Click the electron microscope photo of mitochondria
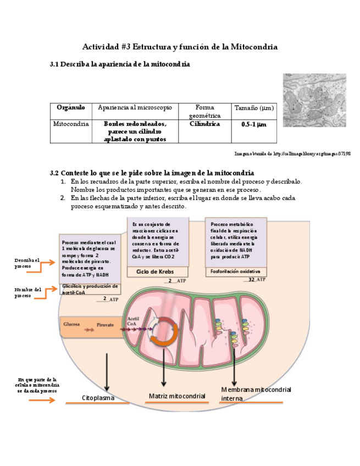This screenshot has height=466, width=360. point(314,101)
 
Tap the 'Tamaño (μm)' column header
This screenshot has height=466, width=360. point(254,108)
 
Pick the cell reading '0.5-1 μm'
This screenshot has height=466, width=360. point(254,125)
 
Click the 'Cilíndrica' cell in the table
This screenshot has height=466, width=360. point(204,124)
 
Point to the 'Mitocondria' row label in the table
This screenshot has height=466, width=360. point(71,124)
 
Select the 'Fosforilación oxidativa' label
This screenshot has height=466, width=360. point(235,271)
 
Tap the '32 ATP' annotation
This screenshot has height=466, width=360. point(257,280)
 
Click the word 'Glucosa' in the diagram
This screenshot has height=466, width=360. point(71,324)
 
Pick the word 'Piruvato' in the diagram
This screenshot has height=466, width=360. point(105,325)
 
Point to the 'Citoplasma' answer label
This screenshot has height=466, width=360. point(98,397)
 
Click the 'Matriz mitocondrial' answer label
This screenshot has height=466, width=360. point(177,396)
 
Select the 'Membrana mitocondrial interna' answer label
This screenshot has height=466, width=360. point(256,393)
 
